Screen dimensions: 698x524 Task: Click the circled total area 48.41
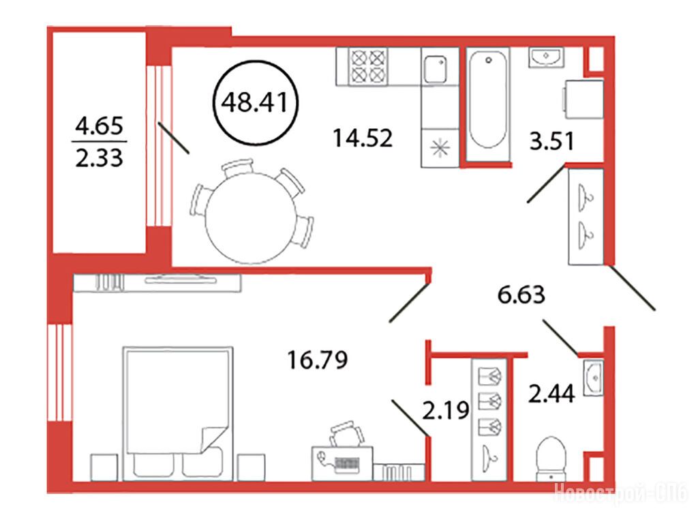[255, 102]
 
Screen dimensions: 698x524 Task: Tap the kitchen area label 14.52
[363, 138]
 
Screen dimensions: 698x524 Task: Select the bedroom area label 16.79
[318, 360]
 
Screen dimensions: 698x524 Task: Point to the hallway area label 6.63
[521, 295]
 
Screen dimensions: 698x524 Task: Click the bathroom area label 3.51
[551, 141]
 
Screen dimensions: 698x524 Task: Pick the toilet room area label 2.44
[551, 394]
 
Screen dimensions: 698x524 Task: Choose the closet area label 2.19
[445, 410]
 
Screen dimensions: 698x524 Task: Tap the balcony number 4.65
[99, 126]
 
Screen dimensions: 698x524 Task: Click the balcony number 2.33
[99, 158]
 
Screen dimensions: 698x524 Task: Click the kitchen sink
[435, 69]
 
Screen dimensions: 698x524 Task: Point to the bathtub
[488, 100]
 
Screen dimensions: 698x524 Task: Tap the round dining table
[251, 218]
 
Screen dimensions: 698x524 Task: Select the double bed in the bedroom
[178, 413]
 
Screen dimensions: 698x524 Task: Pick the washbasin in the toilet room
[594, 377]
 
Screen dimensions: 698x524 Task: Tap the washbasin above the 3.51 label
[546, 57]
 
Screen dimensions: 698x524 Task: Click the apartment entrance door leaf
[632, 288]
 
